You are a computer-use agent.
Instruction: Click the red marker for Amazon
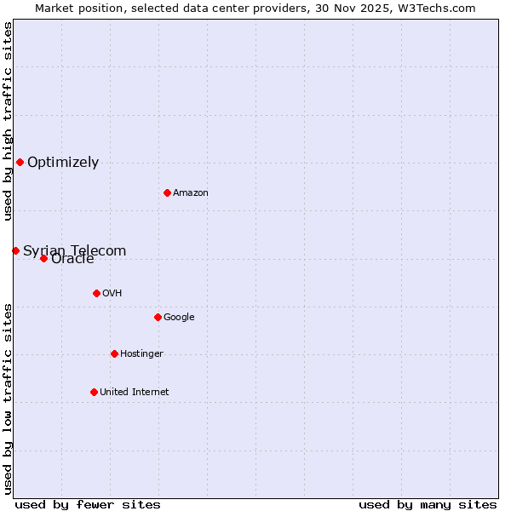pos(167,192)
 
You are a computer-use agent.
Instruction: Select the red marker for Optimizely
pos(20,162)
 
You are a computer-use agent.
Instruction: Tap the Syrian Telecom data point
pos(15,250)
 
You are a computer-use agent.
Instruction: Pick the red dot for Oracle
pos(43,258)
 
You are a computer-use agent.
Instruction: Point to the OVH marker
pos(96,293)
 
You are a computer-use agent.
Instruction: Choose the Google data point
pos(158,317)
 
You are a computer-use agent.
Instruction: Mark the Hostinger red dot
pos(114,353)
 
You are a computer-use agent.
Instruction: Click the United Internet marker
pos(94,392)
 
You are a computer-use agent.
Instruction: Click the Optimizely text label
pos(63,163)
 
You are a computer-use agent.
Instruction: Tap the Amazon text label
pos(191,193)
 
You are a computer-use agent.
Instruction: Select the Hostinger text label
pos(141,354)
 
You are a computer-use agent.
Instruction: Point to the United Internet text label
pos(134,393)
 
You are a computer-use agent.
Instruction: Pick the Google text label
pos(179,318)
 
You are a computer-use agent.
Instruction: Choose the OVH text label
pos(112,294)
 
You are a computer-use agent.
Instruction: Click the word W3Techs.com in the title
pos(433,9)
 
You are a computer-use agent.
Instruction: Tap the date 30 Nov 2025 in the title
pos(347,9)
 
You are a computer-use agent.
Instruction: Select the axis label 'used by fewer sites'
pos(88,504)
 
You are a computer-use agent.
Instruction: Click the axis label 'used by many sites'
pos(428,504)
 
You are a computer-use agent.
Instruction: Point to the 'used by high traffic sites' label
pos(9,122)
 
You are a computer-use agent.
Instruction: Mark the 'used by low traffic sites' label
pos(9,398)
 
